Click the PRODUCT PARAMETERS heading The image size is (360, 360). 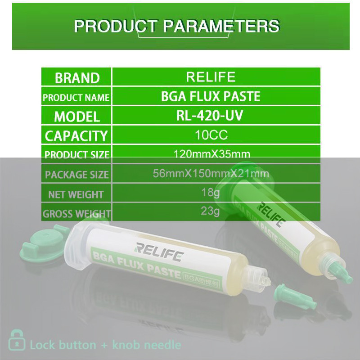[x=176, y=26]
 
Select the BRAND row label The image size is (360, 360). [x=77, y=77]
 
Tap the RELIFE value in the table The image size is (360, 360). [x=211, y=76]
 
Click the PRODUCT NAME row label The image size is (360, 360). [x=76, y=97]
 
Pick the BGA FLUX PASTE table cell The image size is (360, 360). [x=211, y=96]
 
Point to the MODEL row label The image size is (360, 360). [x=77, y=117]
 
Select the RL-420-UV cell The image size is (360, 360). [x=210, y=116]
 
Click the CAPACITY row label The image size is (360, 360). [x=76, y=135]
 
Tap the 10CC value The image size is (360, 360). [x=211, y=135]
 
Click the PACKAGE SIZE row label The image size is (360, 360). [x=76, y=175]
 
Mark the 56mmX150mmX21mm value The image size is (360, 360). [x=211, y=174]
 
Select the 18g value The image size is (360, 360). [x=211, y=193]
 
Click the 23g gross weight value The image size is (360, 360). [x=211, y=211]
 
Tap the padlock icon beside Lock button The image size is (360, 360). [x=17, y=341]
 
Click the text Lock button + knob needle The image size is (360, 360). [x=105, y=345]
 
